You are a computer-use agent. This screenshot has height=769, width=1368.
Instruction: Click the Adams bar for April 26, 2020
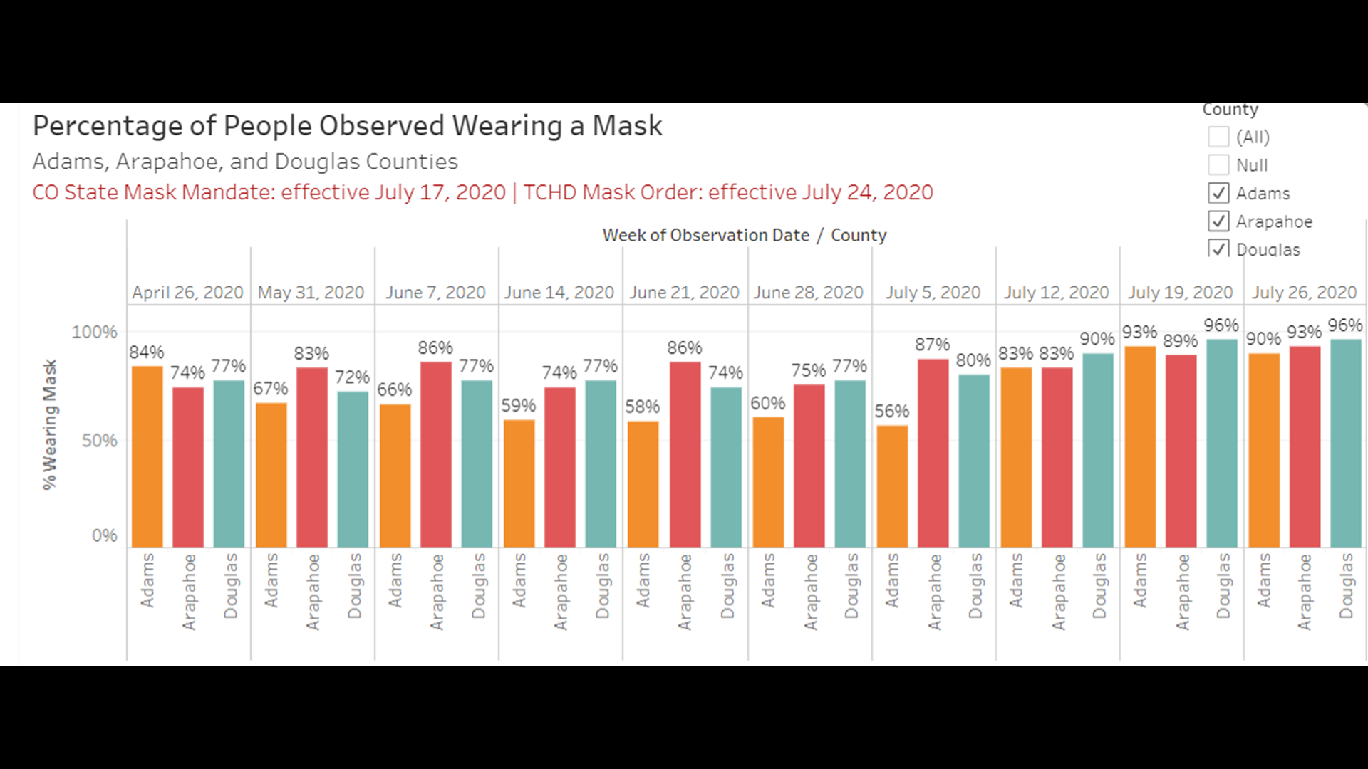click(x=147, y=456)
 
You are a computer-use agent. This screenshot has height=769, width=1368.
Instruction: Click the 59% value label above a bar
click(x=518, y=406)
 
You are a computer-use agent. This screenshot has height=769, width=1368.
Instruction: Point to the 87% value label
click(x=932, y=345)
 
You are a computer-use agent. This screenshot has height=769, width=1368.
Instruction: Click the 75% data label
click(x=808, y=370)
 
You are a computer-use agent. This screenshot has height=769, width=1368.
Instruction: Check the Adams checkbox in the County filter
click(x=1218, y=193)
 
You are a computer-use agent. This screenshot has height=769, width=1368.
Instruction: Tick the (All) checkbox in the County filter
click(x=1218, y=137)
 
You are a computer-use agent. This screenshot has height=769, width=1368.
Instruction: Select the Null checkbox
click(x=1218, y=165)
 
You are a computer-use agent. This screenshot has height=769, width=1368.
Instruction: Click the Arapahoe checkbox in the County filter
click(x=1218, y=221)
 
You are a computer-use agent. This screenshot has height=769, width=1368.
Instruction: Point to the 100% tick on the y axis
click(x=94, y=332)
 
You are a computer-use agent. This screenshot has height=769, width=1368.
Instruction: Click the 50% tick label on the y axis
click(x=99, y=441)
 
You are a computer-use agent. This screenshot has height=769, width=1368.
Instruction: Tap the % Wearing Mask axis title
click(x=49, y=424)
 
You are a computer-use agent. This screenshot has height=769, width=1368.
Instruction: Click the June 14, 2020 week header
click(x=559, y=293)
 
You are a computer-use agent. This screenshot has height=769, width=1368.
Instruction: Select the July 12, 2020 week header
click(x=1057, y=293)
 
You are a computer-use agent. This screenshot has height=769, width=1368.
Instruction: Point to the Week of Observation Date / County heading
click(x=745, y=235)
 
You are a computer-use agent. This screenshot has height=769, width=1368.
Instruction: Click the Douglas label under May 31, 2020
click(x=354, y=585)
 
